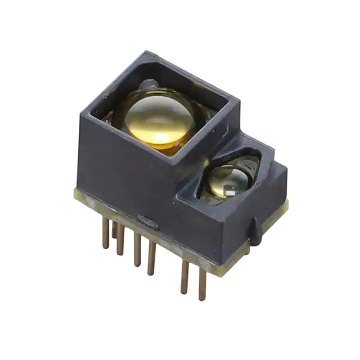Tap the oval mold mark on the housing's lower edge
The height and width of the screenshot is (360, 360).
[x=145, y=219]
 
